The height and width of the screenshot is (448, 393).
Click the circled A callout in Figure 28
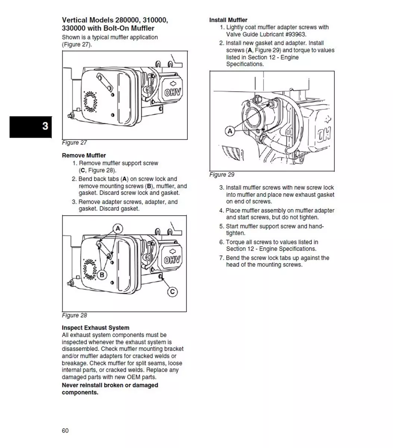click(x=118, y=228)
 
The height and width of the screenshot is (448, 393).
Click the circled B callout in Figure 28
click(x=102, y=275)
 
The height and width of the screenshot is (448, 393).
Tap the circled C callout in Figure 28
click(x=172, y=292)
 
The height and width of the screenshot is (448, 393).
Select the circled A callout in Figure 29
click(x=230, y=131)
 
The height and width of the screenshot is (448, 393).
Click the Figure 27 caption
click(x=74, y=143)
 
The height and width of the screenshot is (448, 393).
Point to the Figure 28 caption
click(x=74, y=315)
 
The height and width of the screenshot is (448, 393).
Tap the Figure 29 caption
click(x=222, y=175)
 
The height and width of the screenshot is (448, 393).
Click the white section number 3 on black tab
click(x=45, y=126)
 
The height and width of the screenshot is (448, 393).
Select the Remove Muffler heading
click(x=84, y=155)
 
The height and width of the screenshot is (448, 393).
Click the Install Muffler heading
click(x=228, y=20)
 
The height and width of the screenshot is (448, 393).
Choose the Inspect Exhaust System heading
click(x=96, y=328)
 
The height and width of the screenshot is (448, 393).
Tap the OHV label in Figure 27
click(x=172, y=93)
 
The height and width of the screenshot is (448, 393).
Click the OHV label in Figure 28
click(x=172, y=260)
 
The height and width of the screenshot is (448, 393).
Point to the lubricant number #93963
click(x=295, y=34)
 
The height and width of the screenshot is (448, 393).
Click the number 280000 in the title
click(x=128, y=20)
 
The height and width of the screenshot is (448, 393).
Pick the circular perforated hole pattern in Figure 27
click(x=90, y=102)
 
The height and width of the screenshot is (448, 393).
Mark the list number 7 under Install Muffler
click(x=221, y=258)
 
